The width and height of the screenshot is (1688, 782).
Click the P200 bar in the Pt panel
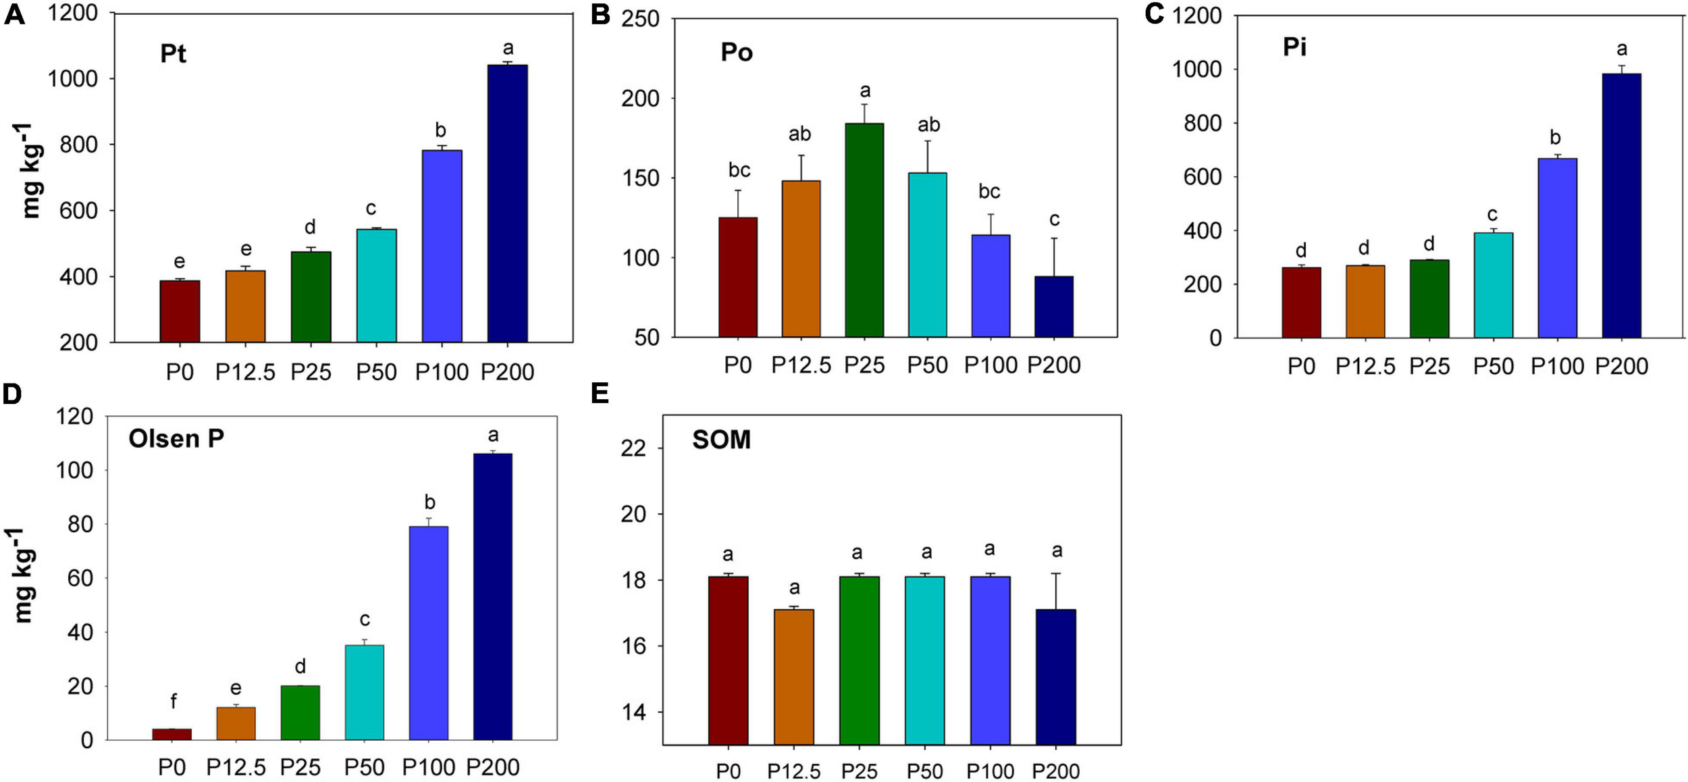click(x=507, y=203)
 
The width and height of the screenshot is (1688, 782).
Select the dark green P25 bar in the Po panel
click(x=864, y=230)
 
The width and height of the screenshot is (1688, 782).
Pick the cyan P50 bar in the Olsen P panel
click(x=365, y=692)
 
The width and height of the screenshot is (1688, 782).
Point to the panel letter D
click(x=12, y=394)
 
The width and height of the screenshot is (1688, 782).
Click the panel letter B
click(x=600, y=15)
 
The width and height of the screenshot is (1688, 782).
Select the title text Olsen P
click(x=176, y=439)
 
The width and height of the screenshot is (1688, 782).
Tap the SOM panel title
click(x=721, y=440)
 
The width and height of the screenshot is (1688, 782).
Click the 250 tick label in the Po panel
click(x=639, y=19)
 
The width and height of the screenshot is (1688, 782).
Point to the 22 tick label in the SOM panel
click(x=633, y=448)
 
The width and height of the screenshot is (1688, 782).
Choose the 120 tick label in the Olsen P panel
click(x=74, y=417)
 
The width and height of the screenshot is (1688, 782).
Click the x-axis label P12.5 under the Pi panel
click(x=1365, y=367)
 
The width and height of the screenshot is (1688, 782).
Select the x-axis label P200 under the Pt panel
click(x=507, y=372)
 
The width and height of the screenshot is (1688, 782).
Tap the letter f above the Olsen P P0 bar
click(x=174, y=702)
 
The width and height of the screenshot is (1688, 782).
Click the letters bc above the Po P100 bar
click(x=989, y=192)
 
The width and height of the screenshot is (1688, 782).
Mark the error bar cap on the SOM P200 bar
click(x=1056, y=573)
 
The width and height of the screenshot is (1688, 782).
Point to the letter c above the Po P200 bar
click(x=1054, y=219)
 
